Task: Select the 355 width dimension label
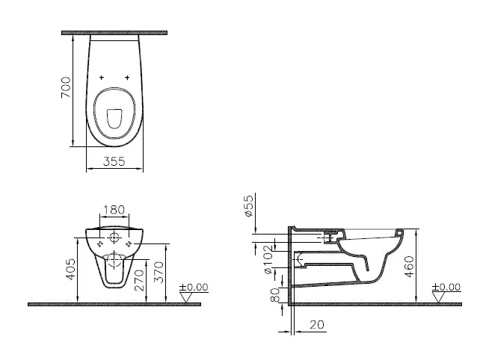[114, 161]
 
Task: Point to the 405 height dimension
[70, 268]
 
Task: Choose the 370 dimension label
[157, 276]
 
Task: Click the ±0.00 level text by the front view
[195, 287]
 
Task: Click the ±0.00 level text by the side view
[448, 287]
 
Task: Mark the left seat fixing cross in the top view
[102, 78]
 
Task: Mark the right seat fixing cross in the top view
[128, 78]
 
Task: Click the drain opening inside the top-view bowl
[114, 118]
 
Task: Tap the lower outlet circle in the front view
[114, 261]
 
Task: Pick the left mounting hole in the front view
[99, 243]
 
